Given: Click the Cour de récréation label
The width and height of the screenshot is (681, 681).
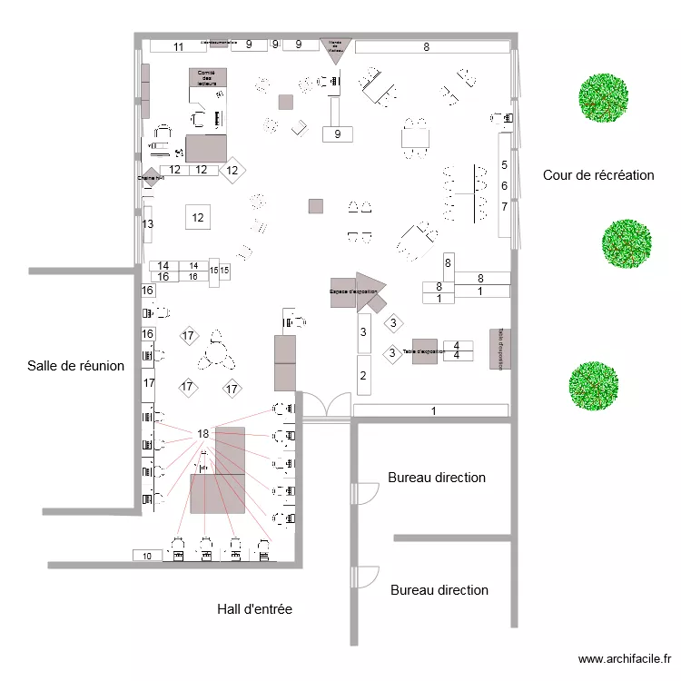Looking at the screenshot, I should point(597,175).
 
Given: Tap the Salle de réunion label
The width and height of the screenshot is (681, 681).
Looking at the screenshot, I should point(75,365).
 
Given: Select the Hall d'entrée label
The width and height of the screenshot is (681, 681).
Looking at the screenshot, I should point(254,609).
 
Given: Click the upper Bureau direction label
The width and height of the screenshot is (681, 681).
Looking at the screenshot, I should point(437,477).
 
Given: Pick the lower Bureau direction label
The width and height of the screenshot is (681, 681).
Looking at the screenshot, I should point(439,590).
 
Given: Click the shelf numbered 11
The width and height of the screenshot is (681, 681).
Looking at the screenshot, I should point(179,46).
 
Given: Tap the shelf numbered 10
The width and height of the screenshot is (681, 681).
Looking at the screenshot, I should point(148,555).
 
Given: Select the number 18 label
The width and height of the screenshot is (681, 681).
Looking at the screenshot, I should point(202,434).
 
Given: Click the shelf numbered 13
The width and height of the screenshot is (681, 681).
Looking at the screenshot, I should point(147,223).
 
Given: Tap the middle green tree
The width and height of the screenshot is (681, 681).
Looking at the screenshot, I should point(627,244).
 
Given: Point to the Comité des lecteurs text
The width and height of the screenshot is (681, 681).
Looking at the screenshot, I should point(206,79).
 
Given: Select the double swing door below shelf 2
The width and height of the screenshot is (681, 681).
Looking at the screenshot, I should point(325,406).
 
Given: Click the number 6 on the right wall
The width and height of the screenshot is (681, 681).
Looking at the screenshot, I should point(504,185).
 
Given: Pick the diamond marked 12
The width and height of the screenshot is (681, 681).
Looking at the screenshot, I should point(232,170).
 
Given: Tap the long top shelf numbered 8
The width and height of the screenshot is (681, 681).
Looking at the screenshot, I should point(425,47).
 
